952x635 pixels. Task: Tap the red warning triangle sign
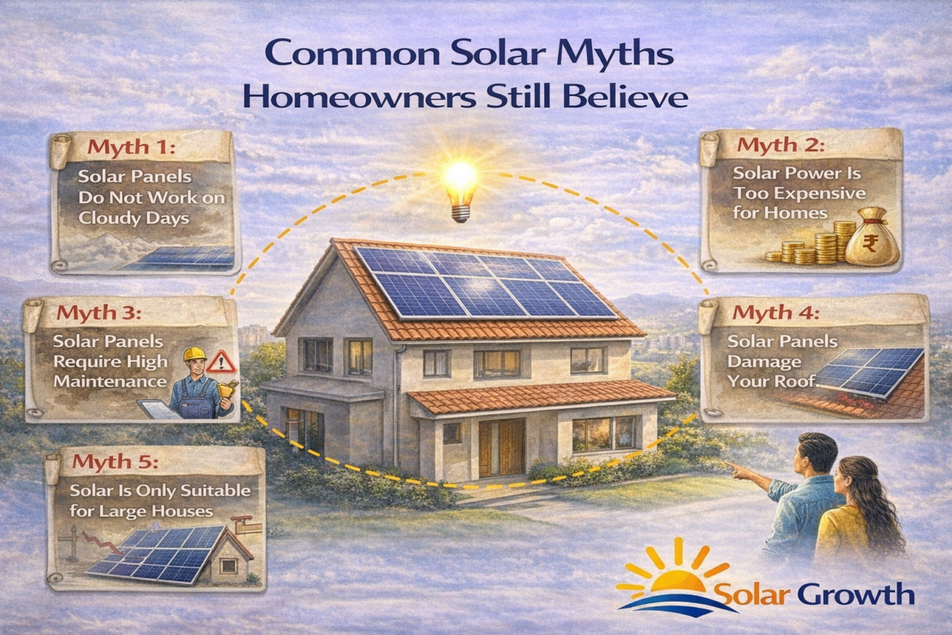[x=225, y=363]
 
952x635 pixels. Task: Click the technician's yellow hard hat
[x=194, y=354]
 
